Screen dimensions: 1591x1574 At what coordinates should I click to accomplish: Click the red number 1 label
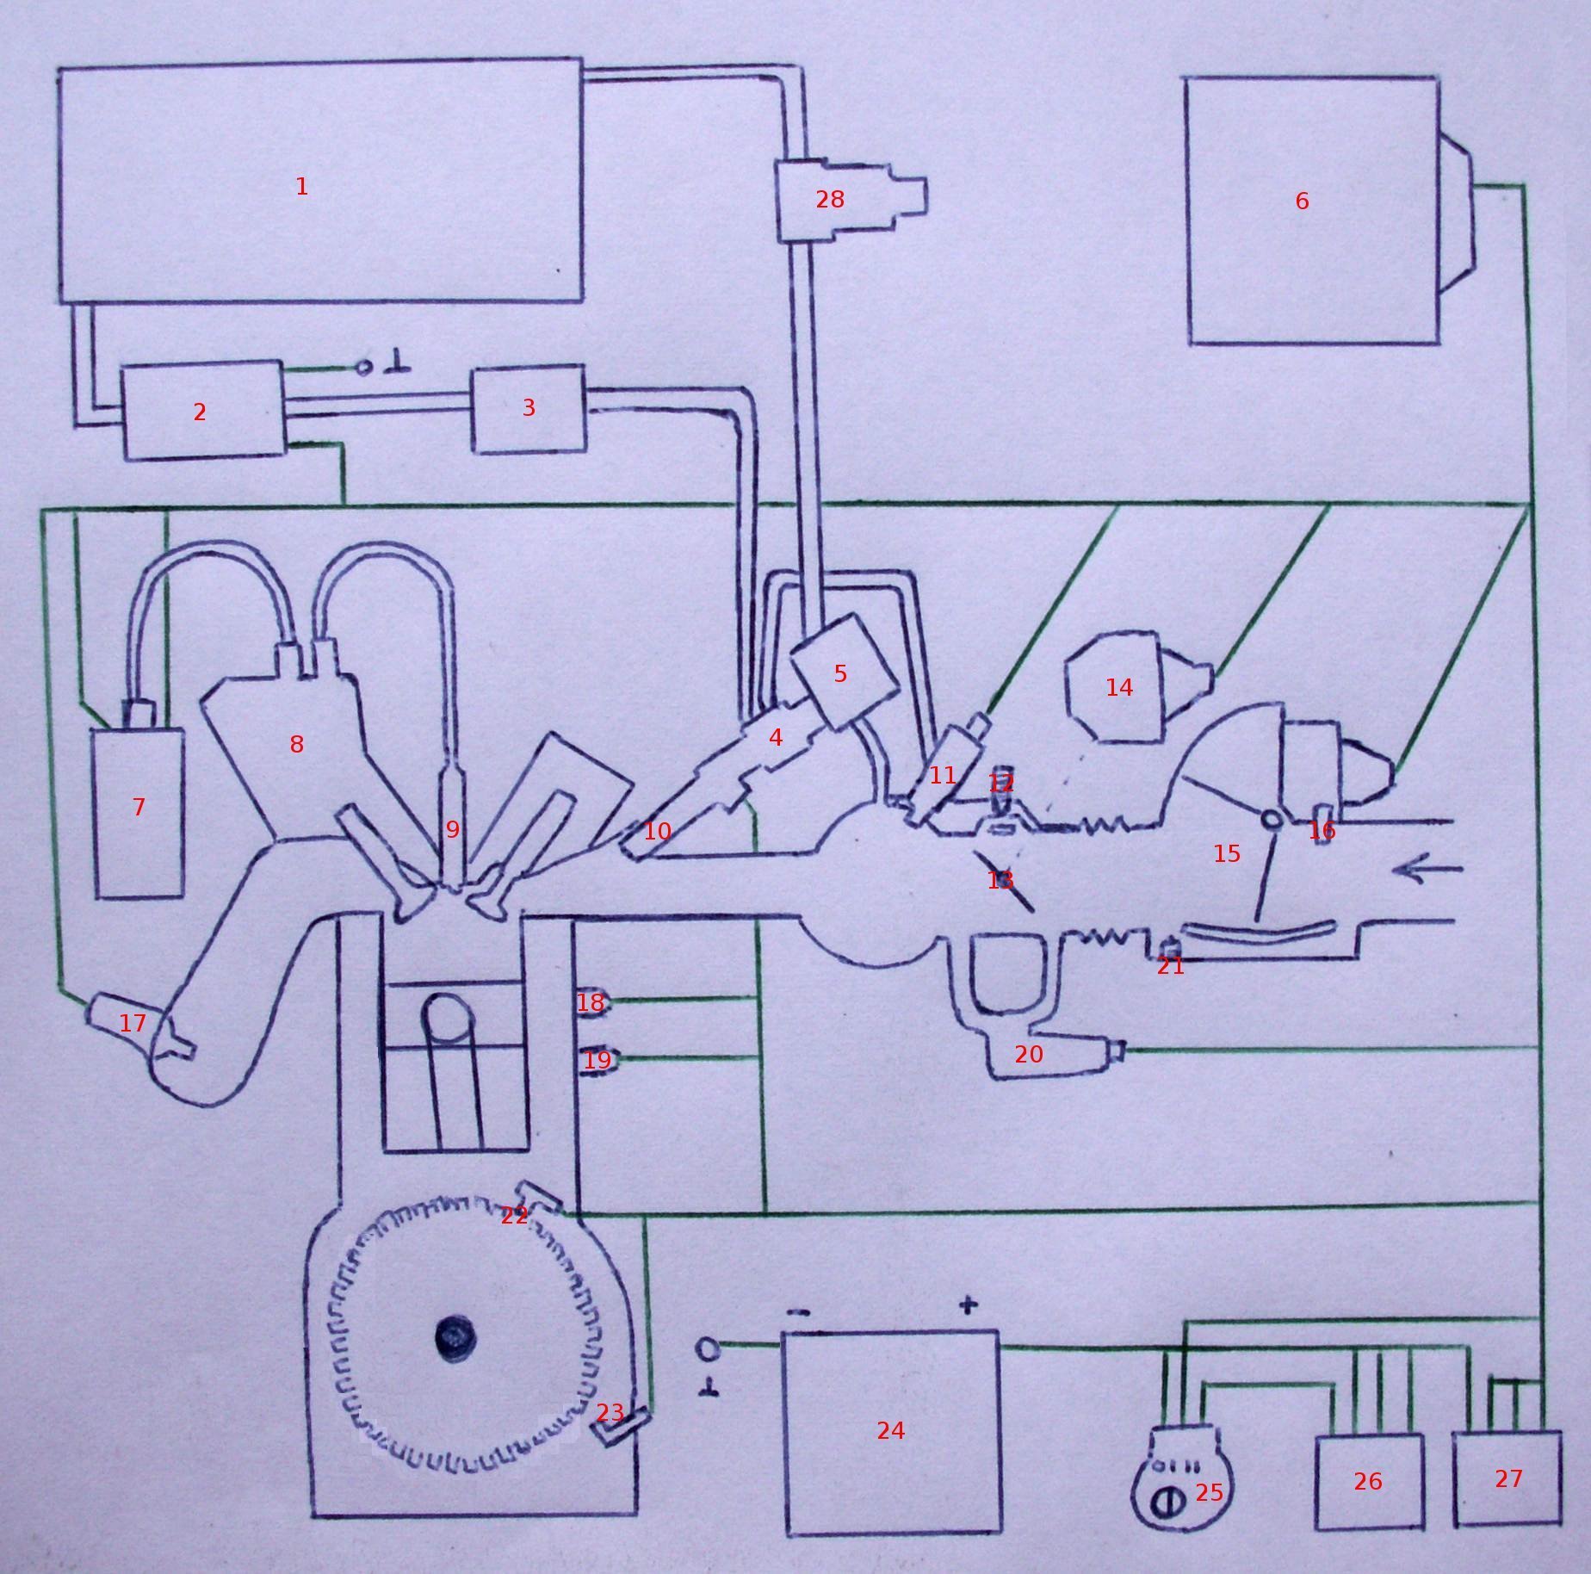[x=301, y=186]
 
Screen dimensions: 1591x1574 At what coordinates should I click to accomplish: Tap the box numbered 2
[x=203, y=410]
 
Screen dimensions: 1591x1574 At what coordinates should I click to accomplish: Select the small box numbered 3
[x=529, y=408]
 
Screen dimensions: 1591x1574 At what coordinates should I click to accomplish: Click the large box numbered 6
[x=1314, y=211]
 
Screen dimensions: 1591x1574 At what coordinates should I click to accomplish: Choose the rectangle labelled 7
[x=139, y=813]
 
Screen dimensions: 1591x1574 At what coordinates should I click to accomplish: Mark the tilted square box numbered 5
[x=844, y=671]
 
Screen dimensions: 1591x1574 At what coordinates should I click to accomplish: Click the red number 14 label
[x=1119, y=687]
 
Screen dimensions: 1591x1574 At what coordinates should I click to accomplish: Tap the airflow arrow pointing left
[x=1427, y=871]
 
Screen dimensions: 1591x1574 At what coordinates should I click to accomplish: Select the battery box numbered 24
[x=893, y=1431]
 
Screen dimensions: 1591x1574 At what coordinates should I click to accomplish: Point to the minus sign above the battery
[x=798, y=1312]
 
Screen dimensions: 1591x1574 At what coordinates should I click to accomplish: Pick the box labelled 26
[x=1369, y=1481]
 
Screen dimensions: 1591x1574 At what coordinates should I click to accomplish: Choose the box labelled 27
[x=1507, y=1478]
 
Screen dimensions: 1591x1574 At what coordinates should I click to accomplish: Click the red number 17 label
[x=133, y=1023]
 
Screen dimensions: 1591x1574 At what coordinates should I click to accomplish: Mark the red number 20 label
[x=1029, y=1054]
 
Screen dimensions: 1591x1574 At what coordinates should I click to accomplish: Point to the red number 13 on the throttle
[x=1000, y=880]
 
